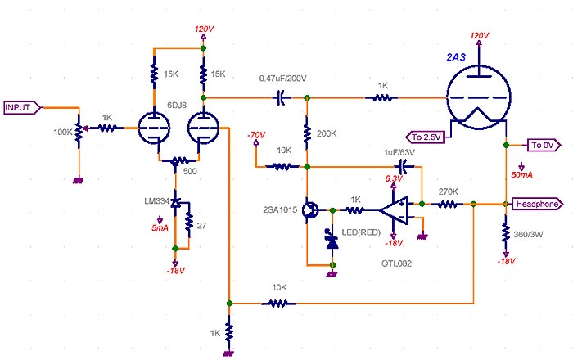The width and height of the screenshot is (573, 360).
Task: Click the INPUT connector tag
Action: coord(21,107)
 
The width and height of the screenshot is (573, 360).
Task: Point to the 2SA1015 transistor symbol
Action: coord(310,210)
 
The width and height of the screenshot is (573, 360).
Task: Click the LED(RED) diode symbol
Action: coord(332,241)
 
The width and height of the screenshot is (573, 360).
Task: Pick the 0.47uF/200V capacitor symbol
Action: coord(281,97)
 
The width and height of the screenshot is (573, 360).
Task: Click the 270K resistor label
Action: coord(448,191)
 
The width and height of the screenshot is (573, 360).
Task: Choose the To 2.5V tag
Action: coord(425,136)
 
